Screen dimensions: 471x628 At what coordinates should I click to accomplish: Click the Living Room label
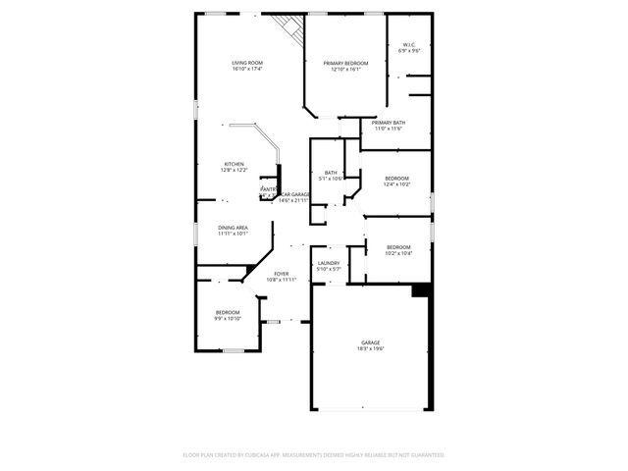(x=246, y=63)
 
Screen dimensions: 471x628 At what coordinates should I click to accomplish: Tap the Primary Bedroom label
(x=345, y=63)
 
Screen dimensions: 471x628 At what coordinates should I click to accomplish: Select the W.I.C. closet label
(x=409, y=44)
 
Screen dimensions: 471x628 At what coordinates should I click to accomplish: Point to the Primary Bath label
(x=388, y=123)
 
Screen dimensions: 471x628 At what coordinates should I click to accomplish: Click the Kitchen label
(x=234, y=164)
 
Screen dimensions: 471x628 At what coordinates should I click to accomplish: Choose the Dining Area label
(x=233, y=228)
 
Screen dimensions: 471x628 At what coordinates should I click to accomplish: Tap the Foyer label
(x=281, y=274)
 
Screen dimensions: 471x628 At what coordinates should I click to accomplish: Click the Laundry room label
(x=329, y=263)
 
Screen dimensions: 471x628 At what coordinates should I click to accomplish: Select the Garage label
(x=370, y=342)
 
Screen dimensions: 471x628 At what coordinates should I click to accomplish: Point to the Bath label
(x=331, y=173)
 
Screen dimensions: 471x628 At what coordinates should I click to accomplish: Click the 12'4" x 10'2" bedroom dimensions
(x=396, y=184)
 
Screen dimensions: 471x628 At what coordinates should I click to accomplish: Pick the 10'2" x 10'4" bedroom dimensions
(x=398, y=253)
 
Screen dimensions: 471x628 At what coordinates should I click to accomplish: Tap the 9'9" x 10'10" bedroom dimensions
(x=228, y=318)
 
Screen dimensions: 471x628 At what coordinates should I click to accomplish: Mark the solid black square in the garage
(x=420, y=289)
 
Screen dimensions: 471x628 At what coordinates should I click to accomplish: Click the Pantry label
(x=268, y=188)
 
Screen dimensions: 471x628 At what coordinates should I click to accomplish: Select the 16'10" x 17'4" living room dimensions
(x=246, y=69)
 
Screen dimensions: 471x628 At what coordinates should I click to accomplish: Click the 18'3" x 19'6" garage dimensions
(x=370, y=348)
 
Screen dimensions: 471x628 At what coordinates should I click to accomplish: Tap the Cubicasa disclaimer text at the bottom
(x=314, y=454)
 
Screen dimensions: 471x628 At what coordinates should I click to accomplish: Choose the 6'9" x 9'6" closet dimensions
(x=409, y=50)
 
